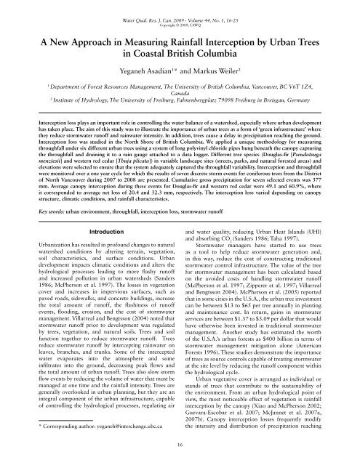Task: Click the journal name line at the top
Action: tap(180, 5)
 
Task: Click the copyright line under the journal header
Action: tap(180, 12)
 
